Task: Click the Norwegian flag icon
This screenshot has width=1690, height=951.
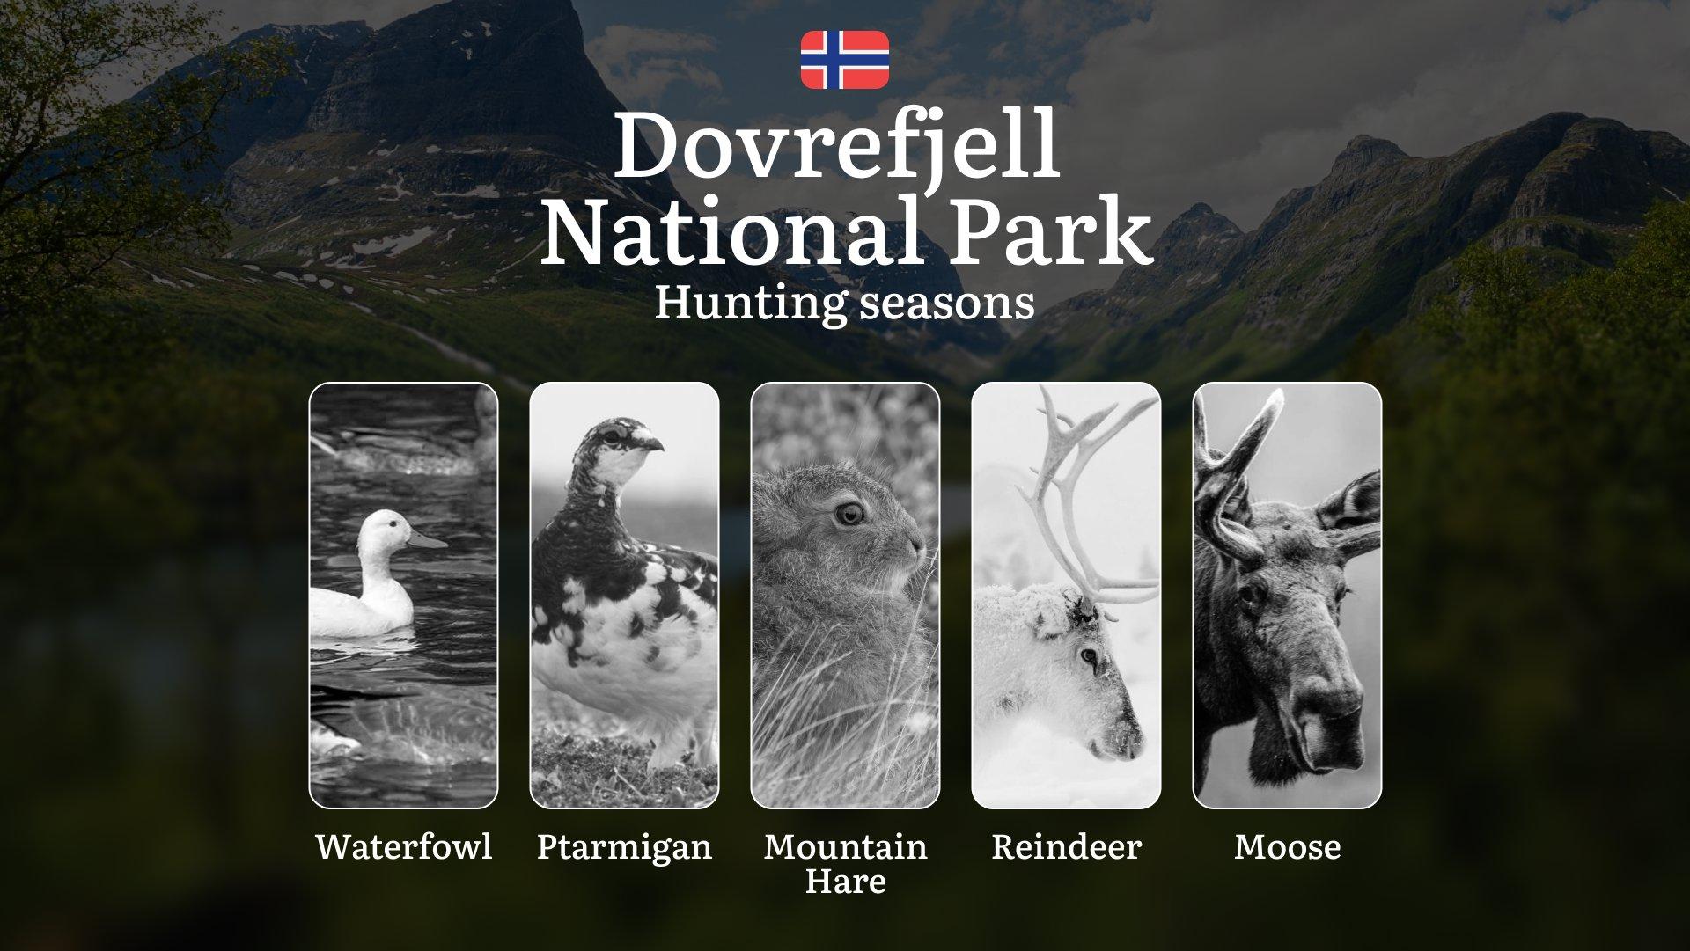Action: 845,60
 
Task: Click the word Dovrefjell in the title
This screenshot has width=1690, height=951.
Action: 836,144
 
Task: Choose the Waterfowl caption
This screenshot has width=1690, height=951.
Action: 404,846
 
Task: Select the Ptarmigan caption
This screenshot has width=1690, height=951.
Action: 624,848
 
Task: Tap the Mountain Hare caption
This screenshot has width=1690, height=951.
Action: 845,864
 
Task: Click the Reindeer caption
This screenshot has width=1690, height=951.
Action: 1066,846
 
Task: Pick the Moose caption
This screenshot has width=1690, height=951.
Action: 1287,846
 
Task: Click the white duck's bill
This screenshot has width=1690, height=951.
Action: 428,539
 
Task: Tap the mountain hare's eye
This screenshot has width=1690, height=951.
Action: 849,514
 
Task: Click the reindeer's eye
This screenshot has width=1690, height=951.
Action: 1090,656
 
